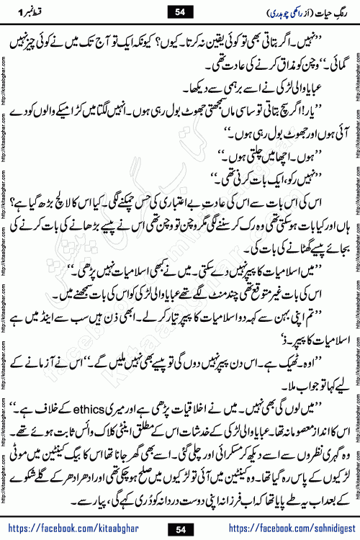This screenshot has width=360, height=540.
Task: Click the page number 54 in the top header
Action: coord(179,12)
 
